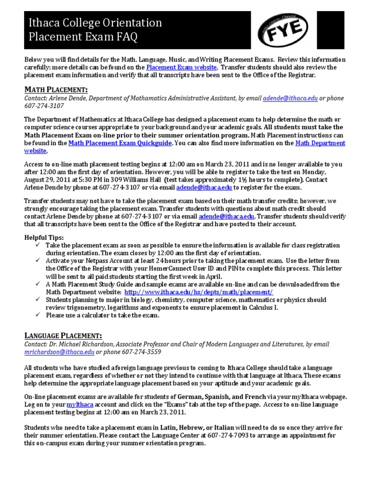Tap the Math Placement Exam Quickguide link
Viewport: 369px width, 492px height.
click(x=120, y=143)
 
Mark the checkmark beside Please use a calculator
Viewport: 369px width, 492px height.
click(x=39, y=315)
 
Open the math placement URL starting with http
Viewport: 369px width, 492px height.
click(x=198, y=292)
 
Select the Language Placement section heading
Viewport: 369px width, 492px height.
click(x=63, y=335)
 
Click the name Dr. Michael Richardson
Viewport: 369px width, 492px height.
click(x=76, y=344)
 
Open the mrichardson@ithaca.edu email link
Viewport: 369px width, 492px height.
click(x=59, y=352)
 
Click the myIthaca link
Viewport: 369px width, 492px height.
click(x=78, y=405)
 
